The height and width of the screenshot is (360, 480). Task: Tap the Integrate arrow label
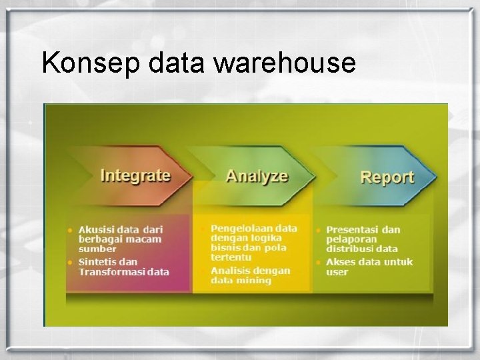point(135,175)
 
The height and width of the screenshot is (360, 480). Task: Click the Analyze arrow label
point(257,176)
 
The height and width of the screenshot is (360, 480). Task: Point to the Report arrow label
point(387,177)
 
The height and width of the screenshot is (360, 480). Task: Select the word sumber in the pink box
point(97,249)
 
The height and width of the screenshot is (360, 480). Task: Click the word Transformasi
point(112,272)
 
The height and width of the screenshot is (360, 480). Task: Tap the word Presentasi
point(355,230)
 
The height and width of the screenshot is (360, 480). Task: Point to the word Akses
point(341,262)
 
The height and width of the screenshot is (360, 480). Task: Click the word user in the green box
point(337,272)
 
